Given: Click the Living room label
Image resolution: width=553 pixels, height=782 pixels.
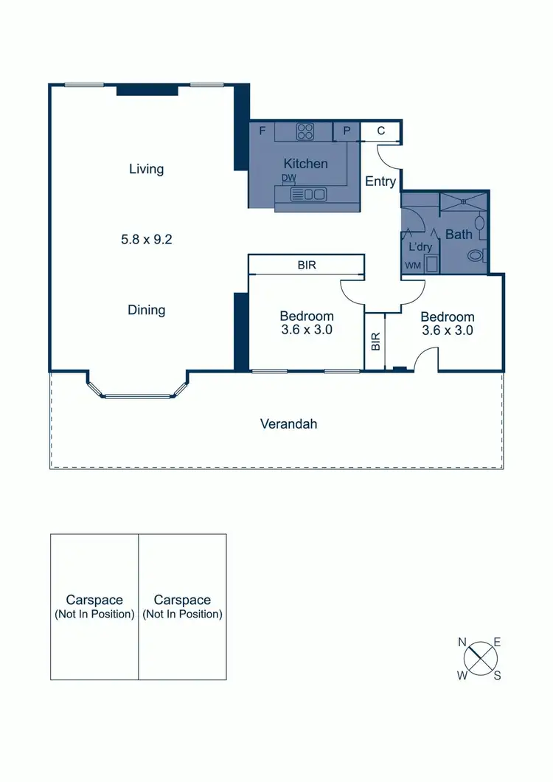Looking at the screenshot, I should coord(146,169).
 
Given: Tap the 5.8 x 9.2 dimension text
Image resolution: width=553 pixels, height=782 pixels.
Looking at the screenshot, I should coord(147,239).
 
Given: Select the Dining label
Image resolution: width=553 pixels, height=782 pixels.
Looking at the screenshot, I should coord(146,310).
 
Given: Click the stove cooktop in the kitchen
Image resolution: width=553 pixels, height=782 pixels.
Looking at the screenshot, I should coord(305,131).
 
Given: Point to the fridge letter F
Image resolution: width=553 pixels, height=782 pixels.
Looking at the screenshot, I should coord(262,131).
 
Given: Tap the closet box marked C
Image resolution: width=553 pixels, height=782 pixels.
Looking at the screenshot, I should coord(380,131).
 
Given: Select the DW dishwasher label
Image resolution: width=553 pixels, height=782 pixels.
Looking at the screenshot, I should coord(289,179).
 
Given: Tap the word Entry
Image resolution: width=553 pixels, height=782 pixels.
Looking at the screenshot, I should coord(380,181).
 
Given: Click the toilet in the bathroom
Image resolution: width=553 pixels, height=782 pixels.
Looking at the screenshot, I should coord(477,256).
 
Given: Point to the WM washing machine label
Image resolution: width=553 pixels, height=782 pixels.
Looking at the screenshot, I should coord(411,265).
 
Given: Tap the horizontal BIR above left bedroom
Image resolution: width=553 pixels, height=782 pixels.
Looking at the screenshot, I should coord(307,264).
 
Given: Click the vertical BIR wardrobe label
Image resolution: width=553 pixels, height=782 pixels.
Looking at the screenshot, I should coord(375,340).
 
